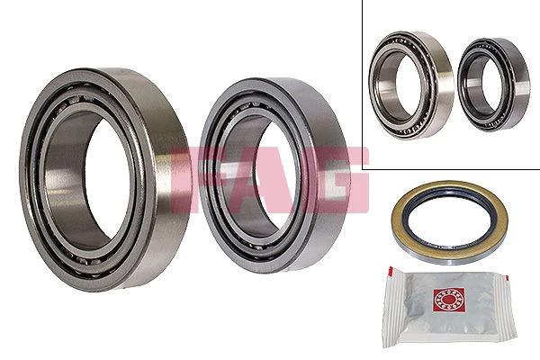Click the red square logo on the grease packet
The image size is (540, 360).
[449, 300]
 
